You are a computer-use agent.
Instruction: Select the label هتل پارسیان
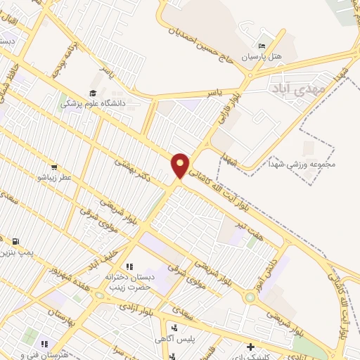tap(262, 56)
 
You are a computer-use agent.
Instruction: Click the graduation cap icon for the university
tap(92, 93)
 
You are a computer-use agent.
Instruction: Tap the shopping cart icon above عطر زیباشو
tap(53, 167)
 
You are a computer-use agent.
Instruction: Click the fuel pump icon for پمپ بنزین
tap(15, 241)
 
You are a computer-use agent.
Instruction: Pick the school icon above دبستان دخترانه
tap(129, 266)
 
